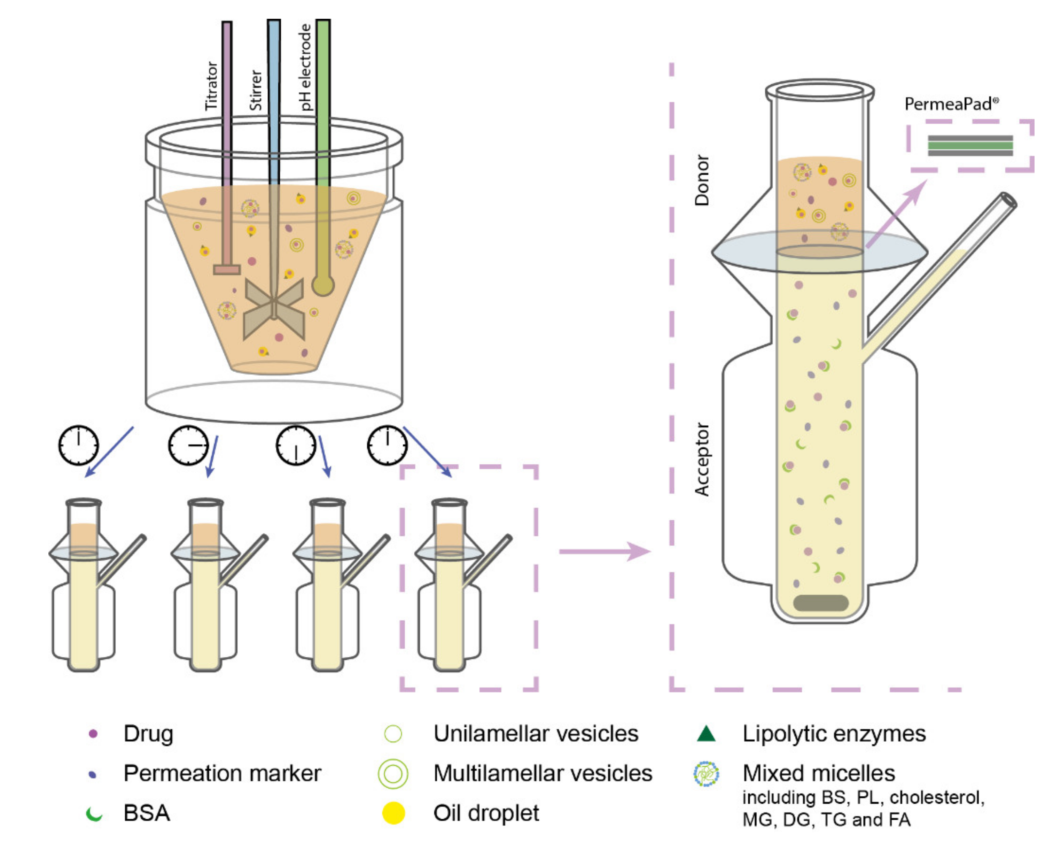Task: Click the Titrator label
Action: click(211, 86)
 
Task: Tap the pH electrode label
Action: click(305, 68)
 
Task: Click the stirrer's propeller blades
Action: click(274, 309)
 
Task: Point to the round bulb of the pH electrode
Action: click(322, 285)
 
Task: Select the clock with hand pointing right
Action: click(188, 445)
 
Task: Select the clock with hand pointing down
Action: click(296, 445)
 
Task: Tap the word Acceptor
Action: click(702, 459)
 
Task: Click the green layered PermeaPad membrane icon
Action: click(970, 146)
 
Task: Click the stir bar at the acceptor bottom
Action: click(820, 603)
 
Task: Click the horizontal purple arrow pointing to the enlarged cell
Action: click(604, 551)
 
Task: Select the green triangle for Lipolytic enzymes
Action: click(706, 734)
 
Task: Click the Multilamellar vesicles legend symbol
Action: click(393, 774)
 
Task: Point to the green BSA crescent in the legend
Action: click(94, 814)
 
